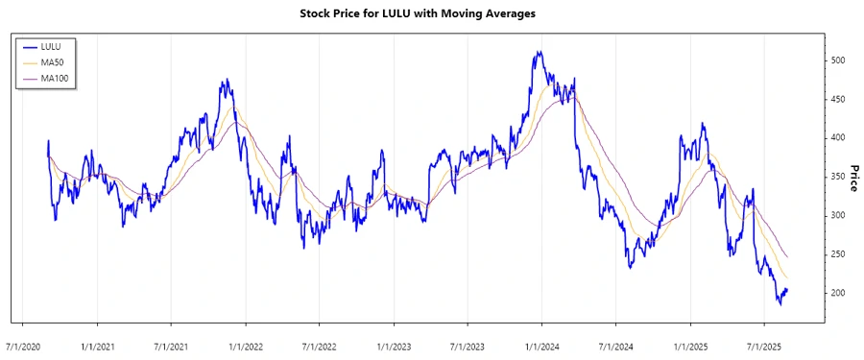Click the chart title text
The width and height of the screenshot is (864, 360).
point(432,14)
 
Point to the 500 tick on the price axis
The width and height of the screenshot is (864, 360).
point(839,60)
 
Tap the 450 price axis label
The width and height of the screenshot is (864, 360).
point(839,99)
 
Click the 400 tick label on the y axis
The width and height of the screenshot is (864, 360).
point(839,138)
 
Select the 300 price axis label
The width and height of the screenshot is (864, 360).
point(839,215)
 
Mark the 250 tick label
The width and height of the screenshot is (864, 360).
point(839,254)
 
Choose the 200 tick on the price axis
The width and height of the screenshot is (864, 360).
point(839,293)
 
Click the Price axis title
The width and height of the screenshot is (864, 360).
point(853,178)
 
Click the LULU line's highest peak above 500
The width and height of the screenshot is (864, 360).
point(540,52)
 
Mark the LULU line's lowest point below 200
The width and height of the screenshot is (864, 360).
point(780,304)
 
